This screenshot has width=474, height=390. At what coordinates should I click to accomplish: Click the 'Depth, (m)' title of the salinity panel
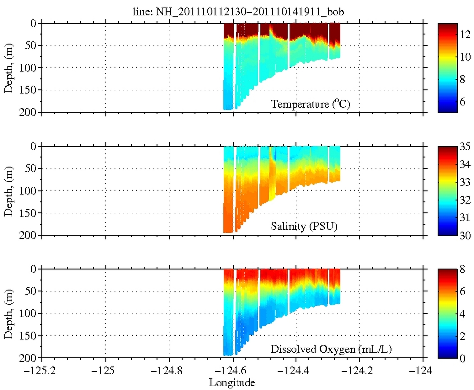pos(9,190)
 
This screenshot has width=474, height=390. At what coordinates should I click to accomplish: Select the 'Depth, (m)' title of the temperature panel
pos(9,68)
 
